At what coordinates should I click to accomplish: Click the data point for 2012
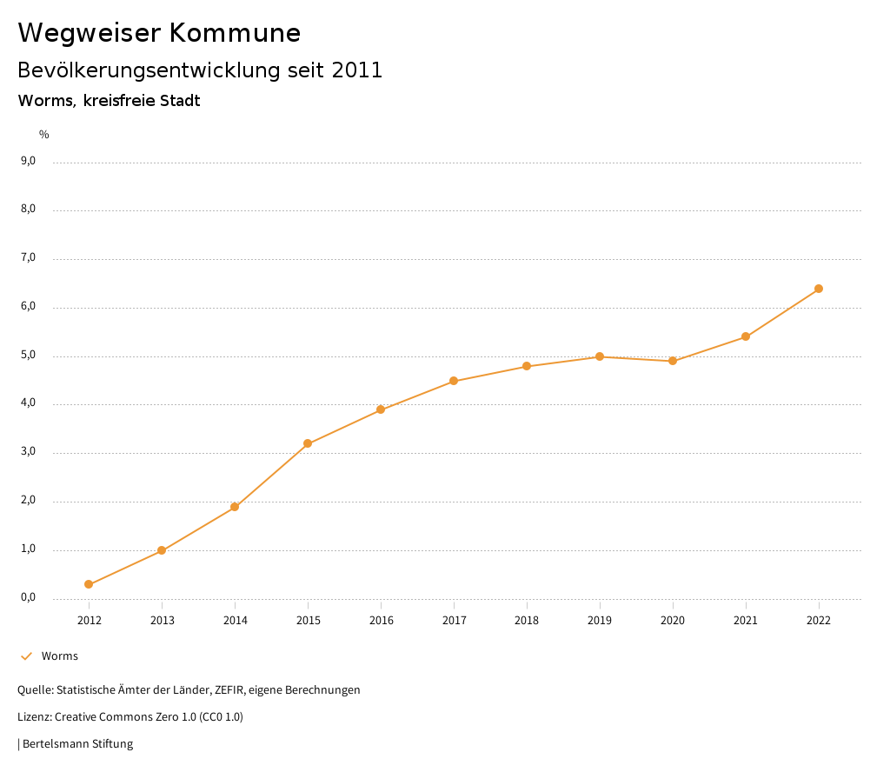click(89, 584)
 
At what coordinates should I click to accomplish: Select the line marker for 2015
click(308, 443)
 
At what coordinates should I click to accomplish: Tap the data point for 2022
click(819, 289)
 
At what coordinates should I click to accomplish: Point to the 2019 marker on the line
click(600, 356)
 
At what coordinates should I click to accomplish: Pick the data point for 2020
click(673, 361)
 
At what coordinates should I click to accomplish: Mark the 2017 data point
click(454, 381)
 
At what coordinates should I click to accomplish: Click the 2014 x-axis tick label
click(235, 620)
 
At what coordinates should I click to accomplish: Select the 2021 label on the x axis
click(746, 620)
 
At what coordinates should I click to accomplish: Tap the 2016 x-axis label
click(381, 620)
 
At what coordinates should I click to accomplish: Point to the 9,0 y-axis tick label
click(28, 161)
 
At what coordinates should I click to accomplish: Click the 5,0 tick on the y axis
click(28, 355)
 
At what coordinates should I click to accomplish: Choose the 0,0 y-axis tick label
click(28, 597)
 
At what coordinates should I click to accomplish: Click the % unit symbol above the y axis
click(44, 135)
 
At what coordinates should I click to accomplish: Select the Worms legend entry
click(59, 656)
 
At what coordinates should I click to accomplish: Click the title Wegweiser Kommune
click(159, 33)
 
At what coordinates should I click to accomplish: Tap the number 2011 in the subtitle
click(357, 70)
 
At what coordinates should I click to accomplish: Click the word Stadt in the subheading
click(180, 101)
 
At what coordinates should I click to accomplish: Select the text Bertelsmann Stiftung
click(77, 744)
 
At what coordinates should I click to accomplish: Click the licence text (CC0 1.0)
click(221, 717)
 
